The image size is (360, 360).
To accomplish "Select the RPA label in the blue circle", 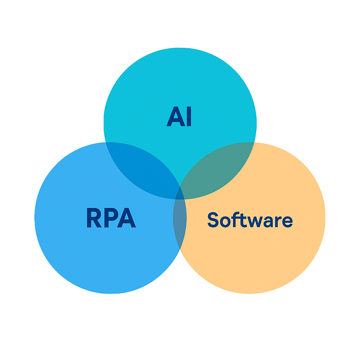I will click(111, 218).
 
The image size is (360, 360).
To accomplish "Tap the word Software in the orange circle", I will click(250, 220).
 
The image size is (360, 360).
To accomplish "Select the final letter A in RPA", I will click(127, 218).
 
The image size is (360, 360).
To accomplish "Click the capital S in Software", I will click(213, 220).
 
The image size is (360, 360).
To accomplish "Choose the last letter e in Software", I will click(287, 221).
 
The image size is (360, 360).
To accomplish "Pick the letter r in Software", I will click(278, 221).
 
